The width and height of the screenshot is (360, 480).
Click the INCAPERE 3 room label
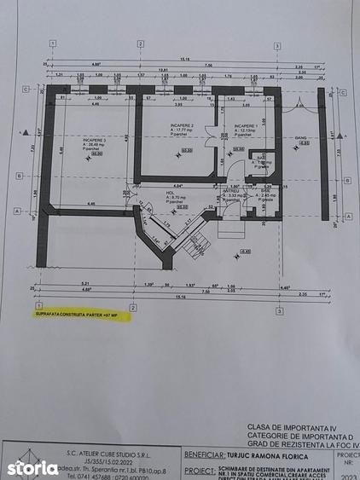[95, 139]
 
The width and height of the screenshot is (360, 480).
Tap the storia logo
[33, 467]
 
